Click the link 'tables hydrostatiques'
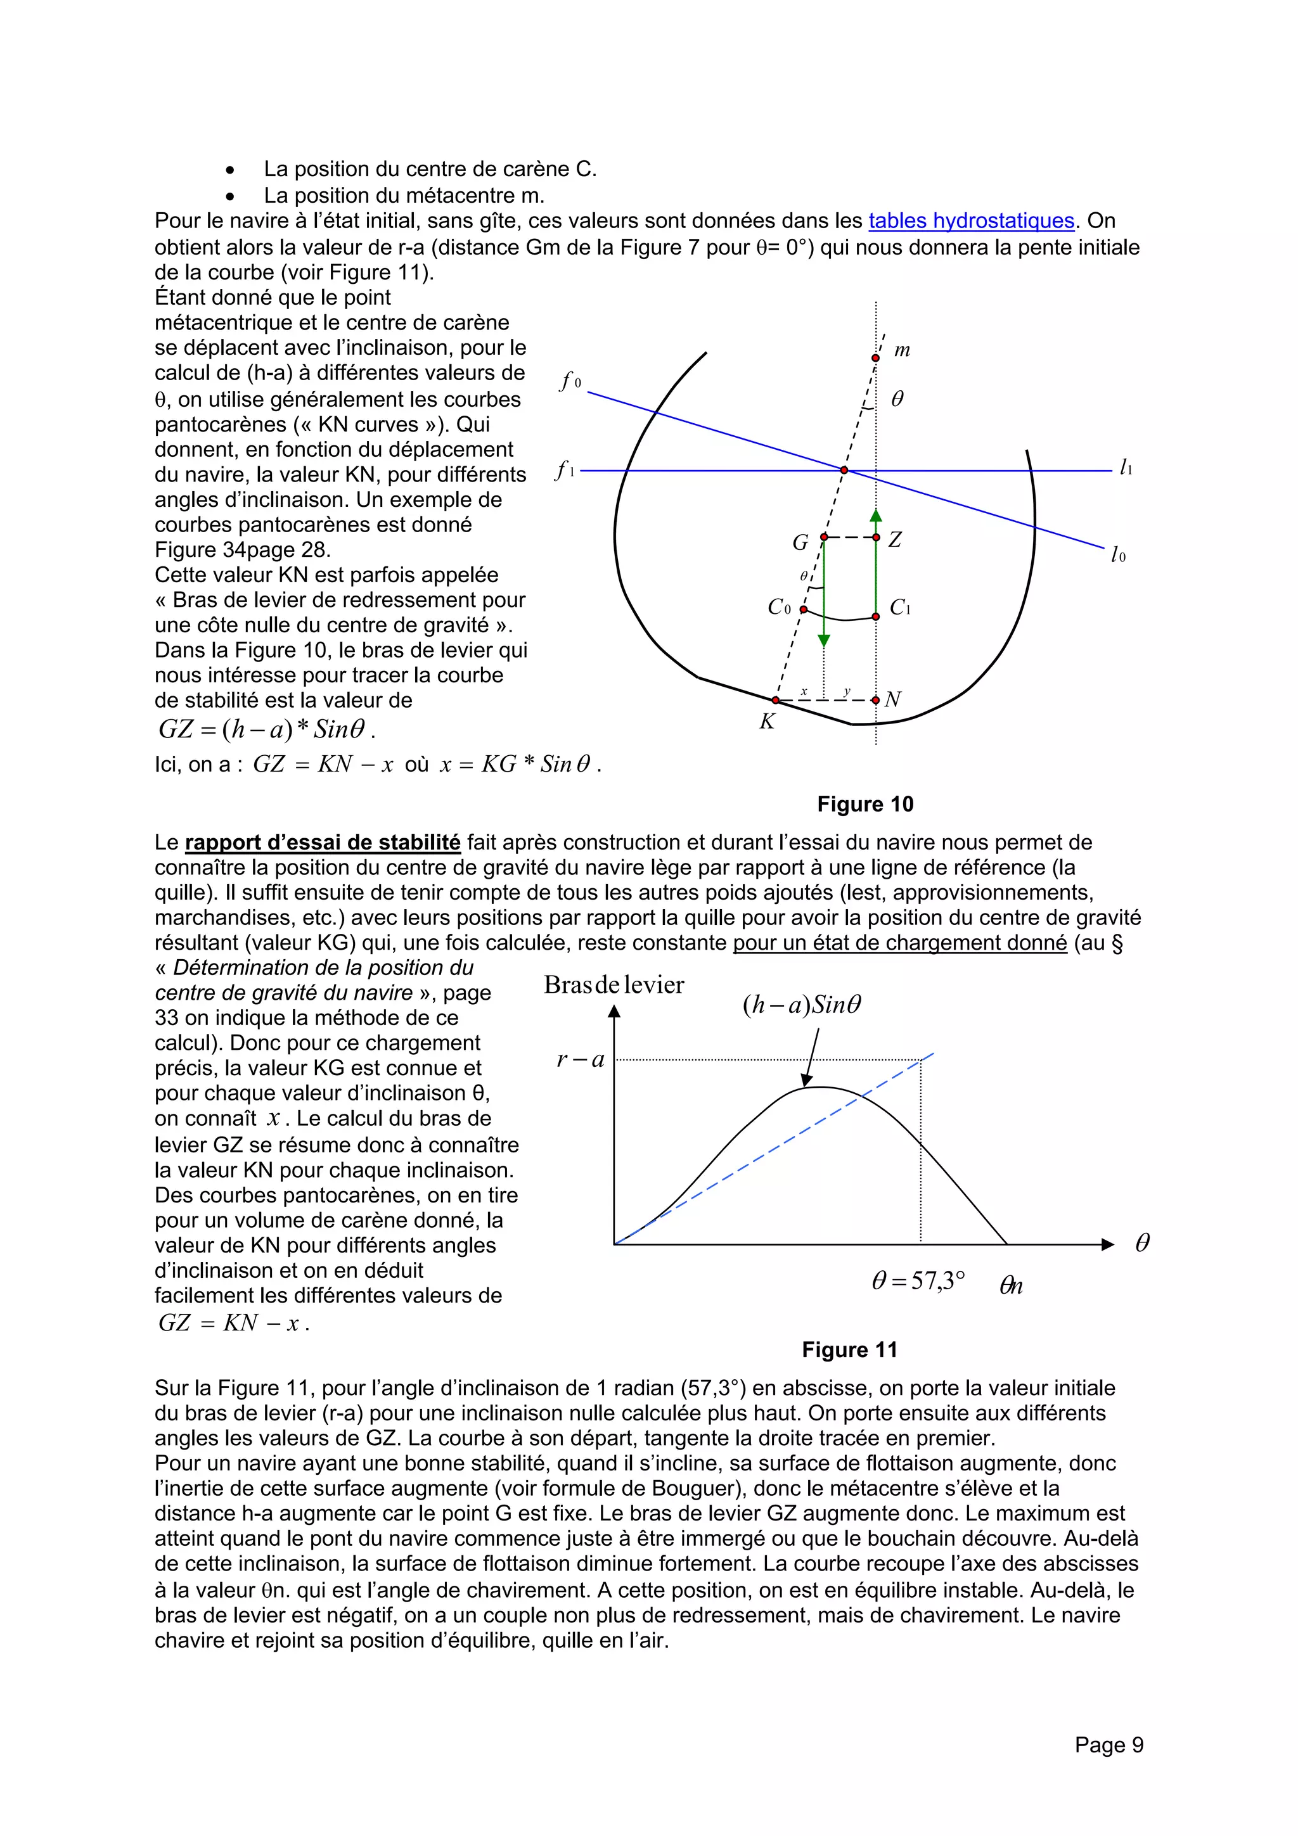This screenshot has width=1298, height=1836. tap(970, 222)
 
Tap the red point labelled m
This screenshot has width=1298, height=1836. tap(875, 358)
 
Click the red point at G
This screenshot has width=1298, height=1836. tap(824, 537)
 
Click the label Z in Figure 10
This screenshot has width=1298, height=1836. tap(895, 540)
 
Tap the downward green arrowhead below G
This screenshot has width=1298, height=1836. tap(824, 641)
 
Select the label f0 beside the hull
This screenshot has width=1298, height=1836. tap(570, 381)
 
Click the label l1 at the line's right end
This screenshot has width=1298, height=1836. tap(1125, 468)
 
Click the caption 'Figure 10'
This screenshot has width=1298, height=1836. tap(864, 805)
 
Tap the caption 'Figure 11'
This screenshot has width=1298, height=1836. tap(849, 1350)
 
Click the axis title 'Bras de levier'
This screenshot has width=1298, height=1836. tap(614, 985)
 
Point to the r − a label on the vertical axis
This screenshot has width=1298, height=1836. tap(580, 1061)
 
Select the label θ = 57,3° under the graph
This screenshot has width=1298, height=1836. tap(918, 1281)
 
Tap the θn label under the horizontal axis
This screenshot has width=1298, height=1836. tap(1011, 1286)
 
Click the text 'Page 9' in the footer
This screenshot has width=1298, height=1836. tap(1108, 1745)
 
